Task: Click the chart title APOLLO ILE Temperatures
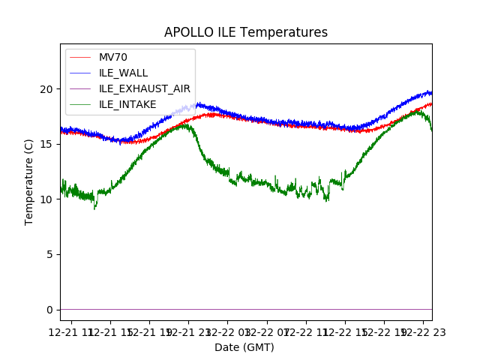(246, 33)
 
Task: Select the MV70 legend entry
(112, 58)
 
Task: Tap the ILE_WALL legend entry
(123, 73)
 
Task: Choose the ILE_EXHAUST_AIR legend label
(145, 88)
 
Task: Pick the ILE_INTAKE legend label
(127, 104)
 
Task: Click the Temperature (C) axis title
(29, 181)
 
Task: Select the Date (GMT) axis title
(244, 347)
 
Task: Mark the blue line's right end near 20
(430, 92)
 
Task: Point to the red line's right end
(430, 103)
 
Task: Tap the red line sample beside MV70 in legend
(80, 58)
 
